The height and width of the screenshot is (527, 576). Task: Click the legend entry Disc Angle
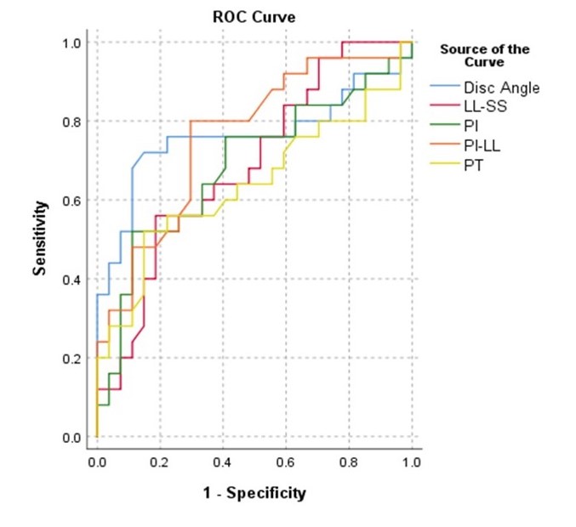[x=501, y=87]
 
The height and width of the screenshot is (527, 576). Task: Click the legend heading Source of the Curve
[x=484, y=55]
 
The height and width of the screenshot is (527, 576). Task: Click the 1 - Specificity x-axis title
[x=254, y=493]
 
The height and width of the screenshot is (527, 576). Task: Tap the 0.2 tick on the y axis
[x=74, y=359]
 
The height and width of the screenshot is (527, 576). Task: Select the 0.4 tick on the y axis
[x=74, y=280]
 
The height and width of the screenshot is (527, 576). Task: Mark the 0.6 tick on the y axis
[x=74, y=201]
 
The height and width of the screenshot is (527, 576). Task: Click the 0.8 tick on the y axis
[x=74, y=122]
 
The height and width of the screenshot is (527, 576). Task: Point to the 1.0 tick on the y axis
[x=74, y=42]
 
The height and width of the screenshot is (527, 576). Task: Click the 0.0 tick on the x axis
[x=97, y=461]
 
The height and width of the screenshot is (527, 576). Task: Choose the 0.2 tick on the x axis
[x=160, y=461]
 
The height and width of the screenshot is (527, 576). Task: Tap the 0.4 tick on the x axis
[x=223, y=461]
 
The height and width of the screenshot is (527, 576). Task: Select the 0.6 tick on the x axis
[x=286, y=461]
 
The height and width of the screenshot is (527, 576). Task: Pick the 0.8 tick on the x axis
[x=349, y=461]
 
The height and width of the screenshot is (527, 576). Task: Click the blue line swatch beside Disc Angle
[x=448, y=87]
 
